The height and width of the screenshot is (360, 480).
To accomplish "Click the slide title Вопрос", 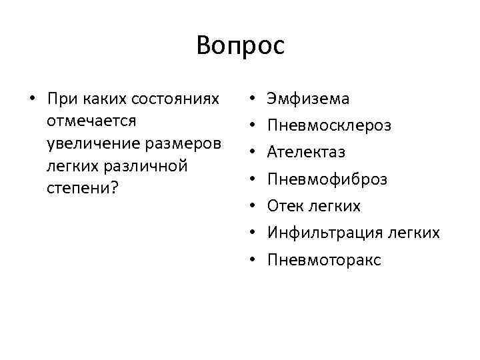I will (x=241, y=46).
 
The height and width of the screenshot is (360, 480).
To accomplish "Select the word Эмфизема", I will (x=308, y=99).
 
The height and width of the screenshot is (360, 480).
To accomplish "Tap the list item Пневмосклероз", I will (x=329, y=126).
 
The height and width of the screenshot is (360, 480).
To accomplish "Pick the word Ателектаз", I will (x=306, y=153).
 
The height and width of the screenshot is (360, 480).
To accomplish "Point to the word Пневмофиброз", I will (x=327, y=179).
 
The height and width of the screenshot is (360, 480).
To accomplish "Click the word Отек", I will (x=285, y=206).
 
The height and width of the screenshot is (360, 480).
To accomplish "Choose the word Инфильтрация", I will (x=323, y=233).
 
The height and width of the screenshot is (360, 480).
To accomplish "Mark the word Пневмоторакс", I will (x=324, y=259).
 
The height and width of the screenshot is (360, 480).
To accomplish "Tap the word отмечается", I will (x=91, y=121).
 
